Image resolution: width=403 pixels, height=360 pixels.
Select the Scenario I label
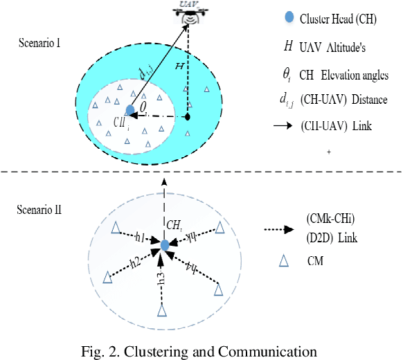[x=42, y=44]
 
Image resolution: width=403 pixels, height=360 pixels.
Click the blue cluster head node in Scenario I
[x=129, y=109]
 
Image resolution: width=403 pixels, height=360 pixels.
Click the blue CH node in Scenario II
[x=165, y=246]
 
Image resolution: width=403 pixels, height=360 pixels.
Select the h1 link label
[x=138, y=238]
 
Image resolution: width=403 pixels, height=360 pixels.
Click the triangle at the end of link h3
[x=162, y=311]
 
